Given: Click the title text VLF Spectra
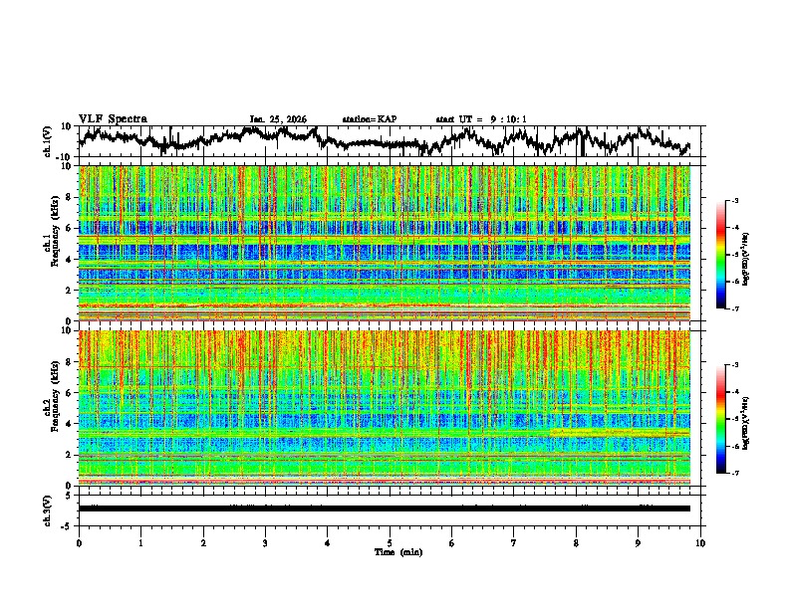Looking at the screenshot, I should pyautogui.click(x=113, y=118).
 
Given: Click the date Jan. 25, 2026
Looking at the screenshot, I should pyautogui.click(x=278, y=119).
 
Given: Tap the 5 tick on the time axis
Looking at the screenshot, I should pyautogui.click(x=391, y=543).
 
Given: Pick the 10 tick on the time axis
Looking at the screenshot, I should pyautogui.click(x=701, y=543).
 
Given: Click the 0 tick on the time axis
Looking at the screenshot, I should pyautogui.click(x=79, y=543).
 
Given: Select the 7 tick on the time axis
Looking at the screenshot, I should pyautogui.click(x=515, y=543).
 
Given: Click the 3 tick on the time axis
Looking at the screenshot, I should pyautogui.click(x=266, y=543).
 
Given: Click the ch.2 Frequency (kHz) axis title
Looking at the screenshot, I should pyautogui.click(x=51, y=408).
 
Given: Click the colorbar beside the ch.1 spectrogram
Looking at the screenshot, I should pyautogui.click(x=720, y=255).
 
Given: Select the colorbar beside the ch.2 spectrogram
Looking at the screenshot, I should pyautogui.click(x=720, y=419).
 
